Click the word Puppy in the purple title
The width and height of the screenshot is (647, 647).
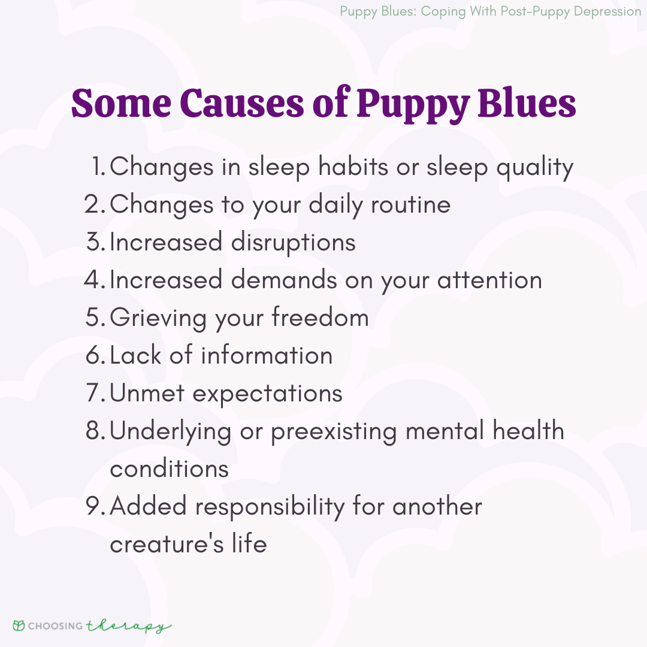[413, 104]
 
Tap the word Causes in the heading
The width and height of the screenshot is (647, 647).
[242, 103]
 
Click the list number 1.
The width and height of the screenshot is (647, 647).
[98, 166]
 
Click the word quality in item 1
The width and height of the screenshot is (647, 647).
[535, 168]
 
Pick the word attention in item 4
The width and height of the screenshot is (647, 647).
[489, 280]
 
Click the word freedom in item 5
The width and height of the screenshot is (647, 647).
[320, 317]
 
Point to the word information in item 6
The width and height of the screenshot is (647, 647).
[267, 355]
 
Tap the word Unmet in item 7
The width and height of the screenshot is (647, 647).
[147, 393]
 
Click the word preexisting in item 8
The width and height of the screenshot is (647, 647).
[334, 431]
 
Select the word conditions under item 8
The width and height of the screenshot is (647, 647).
[169, 468]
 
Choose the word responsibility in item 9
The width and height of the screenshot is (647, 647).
[270, 507]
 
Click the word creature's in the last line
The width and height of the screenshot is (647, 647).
[167, 544]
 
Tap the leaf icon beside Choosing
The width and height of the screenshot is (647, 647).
[19, 625]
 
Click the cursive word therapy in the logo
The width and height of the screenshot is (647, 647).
[129, 626]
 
